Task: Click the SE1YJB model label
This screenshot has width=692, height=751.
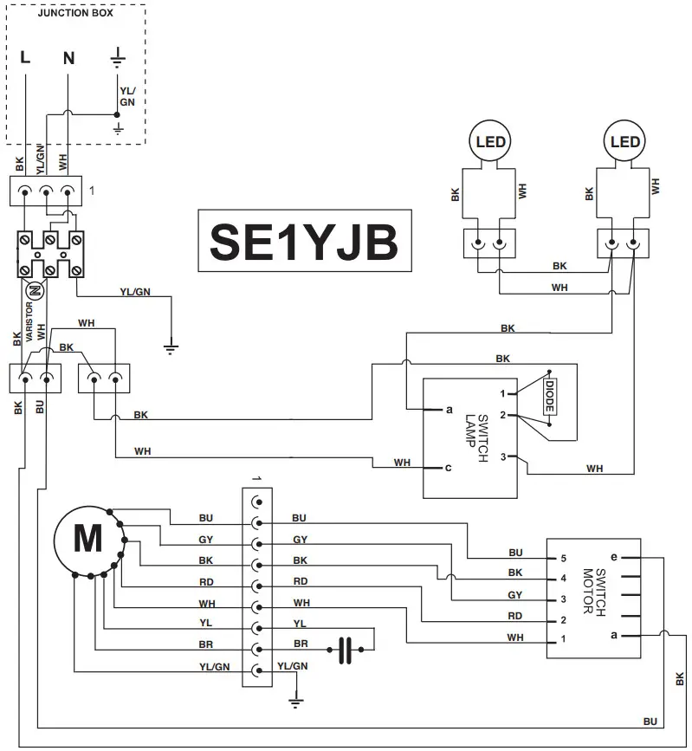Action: (303, 243)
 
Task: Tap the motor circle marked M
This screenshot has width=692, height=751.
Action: (87, 540)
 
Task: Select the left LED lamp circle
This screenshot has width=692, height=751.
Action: (490, 141)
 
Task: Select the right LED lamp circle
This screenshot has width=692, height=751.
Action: (624, 141)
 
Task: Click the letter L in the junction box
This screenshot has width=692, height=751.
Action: (25, 59)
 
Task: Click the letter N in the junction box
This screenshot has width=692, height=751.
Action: (69, 59)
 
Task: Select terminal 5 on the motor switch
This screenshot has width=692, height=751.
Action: (562, 558)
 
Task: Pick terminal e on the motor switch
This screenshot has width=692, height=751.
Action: (614, 558)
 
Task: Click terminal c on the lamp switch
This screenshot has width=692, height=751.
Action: (448, 469)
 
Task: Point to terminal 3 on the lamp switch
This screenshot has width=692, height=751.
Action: (512, 456)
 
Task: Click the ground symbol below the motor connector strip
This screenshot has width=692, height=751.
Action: (296, 702)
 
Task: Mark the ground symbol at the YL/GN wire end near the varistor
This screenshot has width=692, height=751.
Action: (171, 349)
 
